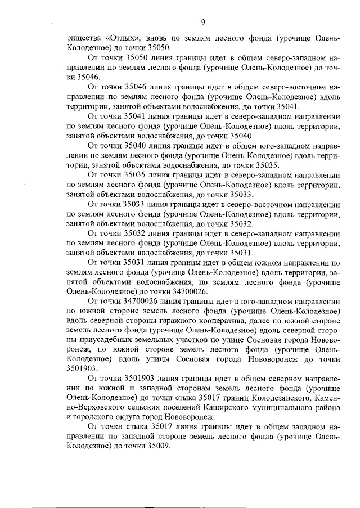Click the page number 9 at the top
pyautogui.click(x=202, y=22)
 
